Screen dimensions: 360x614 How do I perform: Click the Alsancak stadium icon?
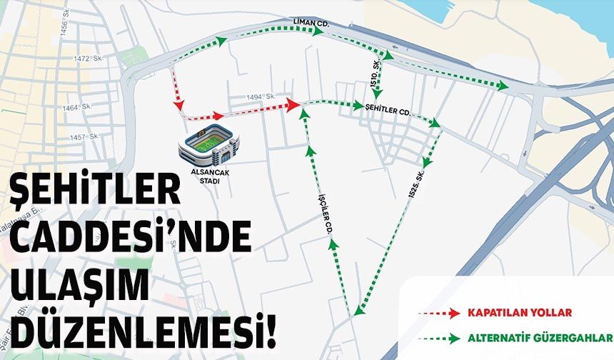(x=209, y=146)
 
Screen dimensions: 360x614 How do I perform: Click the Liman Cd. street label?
(x=311, y=24)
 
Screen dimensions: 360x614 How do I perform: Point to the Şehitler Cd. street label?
(x=388, y=111)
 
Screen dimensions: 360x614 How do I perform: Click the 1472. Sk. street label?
(x=85, y=58)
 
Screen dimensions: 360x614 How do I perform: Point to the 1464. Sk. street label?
(x=77, y=107)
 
